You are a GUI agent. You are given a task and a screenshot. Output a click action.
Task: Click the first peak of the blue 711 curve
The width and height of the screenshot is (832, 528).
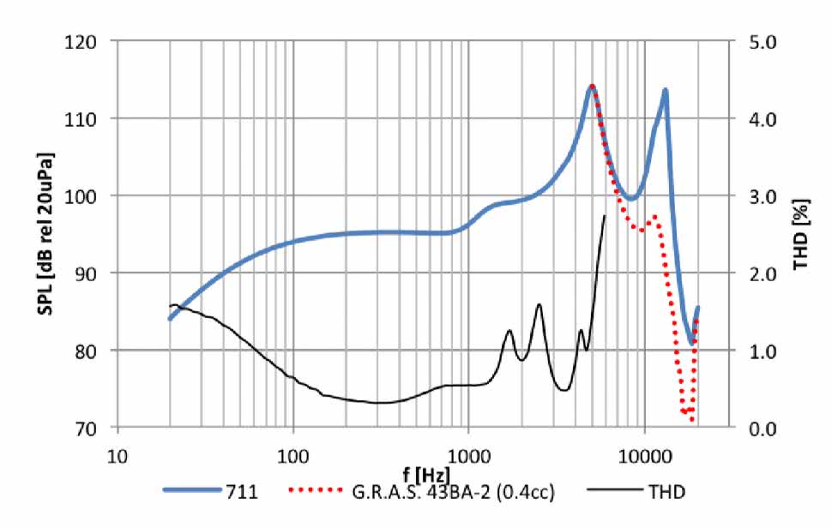click(x=592, y=87)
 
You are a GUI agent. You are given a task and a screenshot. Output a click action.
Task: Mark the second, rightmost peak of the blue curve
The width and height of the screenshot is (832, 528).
click(x=664, y=90)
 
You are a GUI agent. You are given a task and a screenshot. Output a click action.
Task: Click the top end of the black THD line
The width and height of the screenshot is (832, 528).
click(x=605, y=215)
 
